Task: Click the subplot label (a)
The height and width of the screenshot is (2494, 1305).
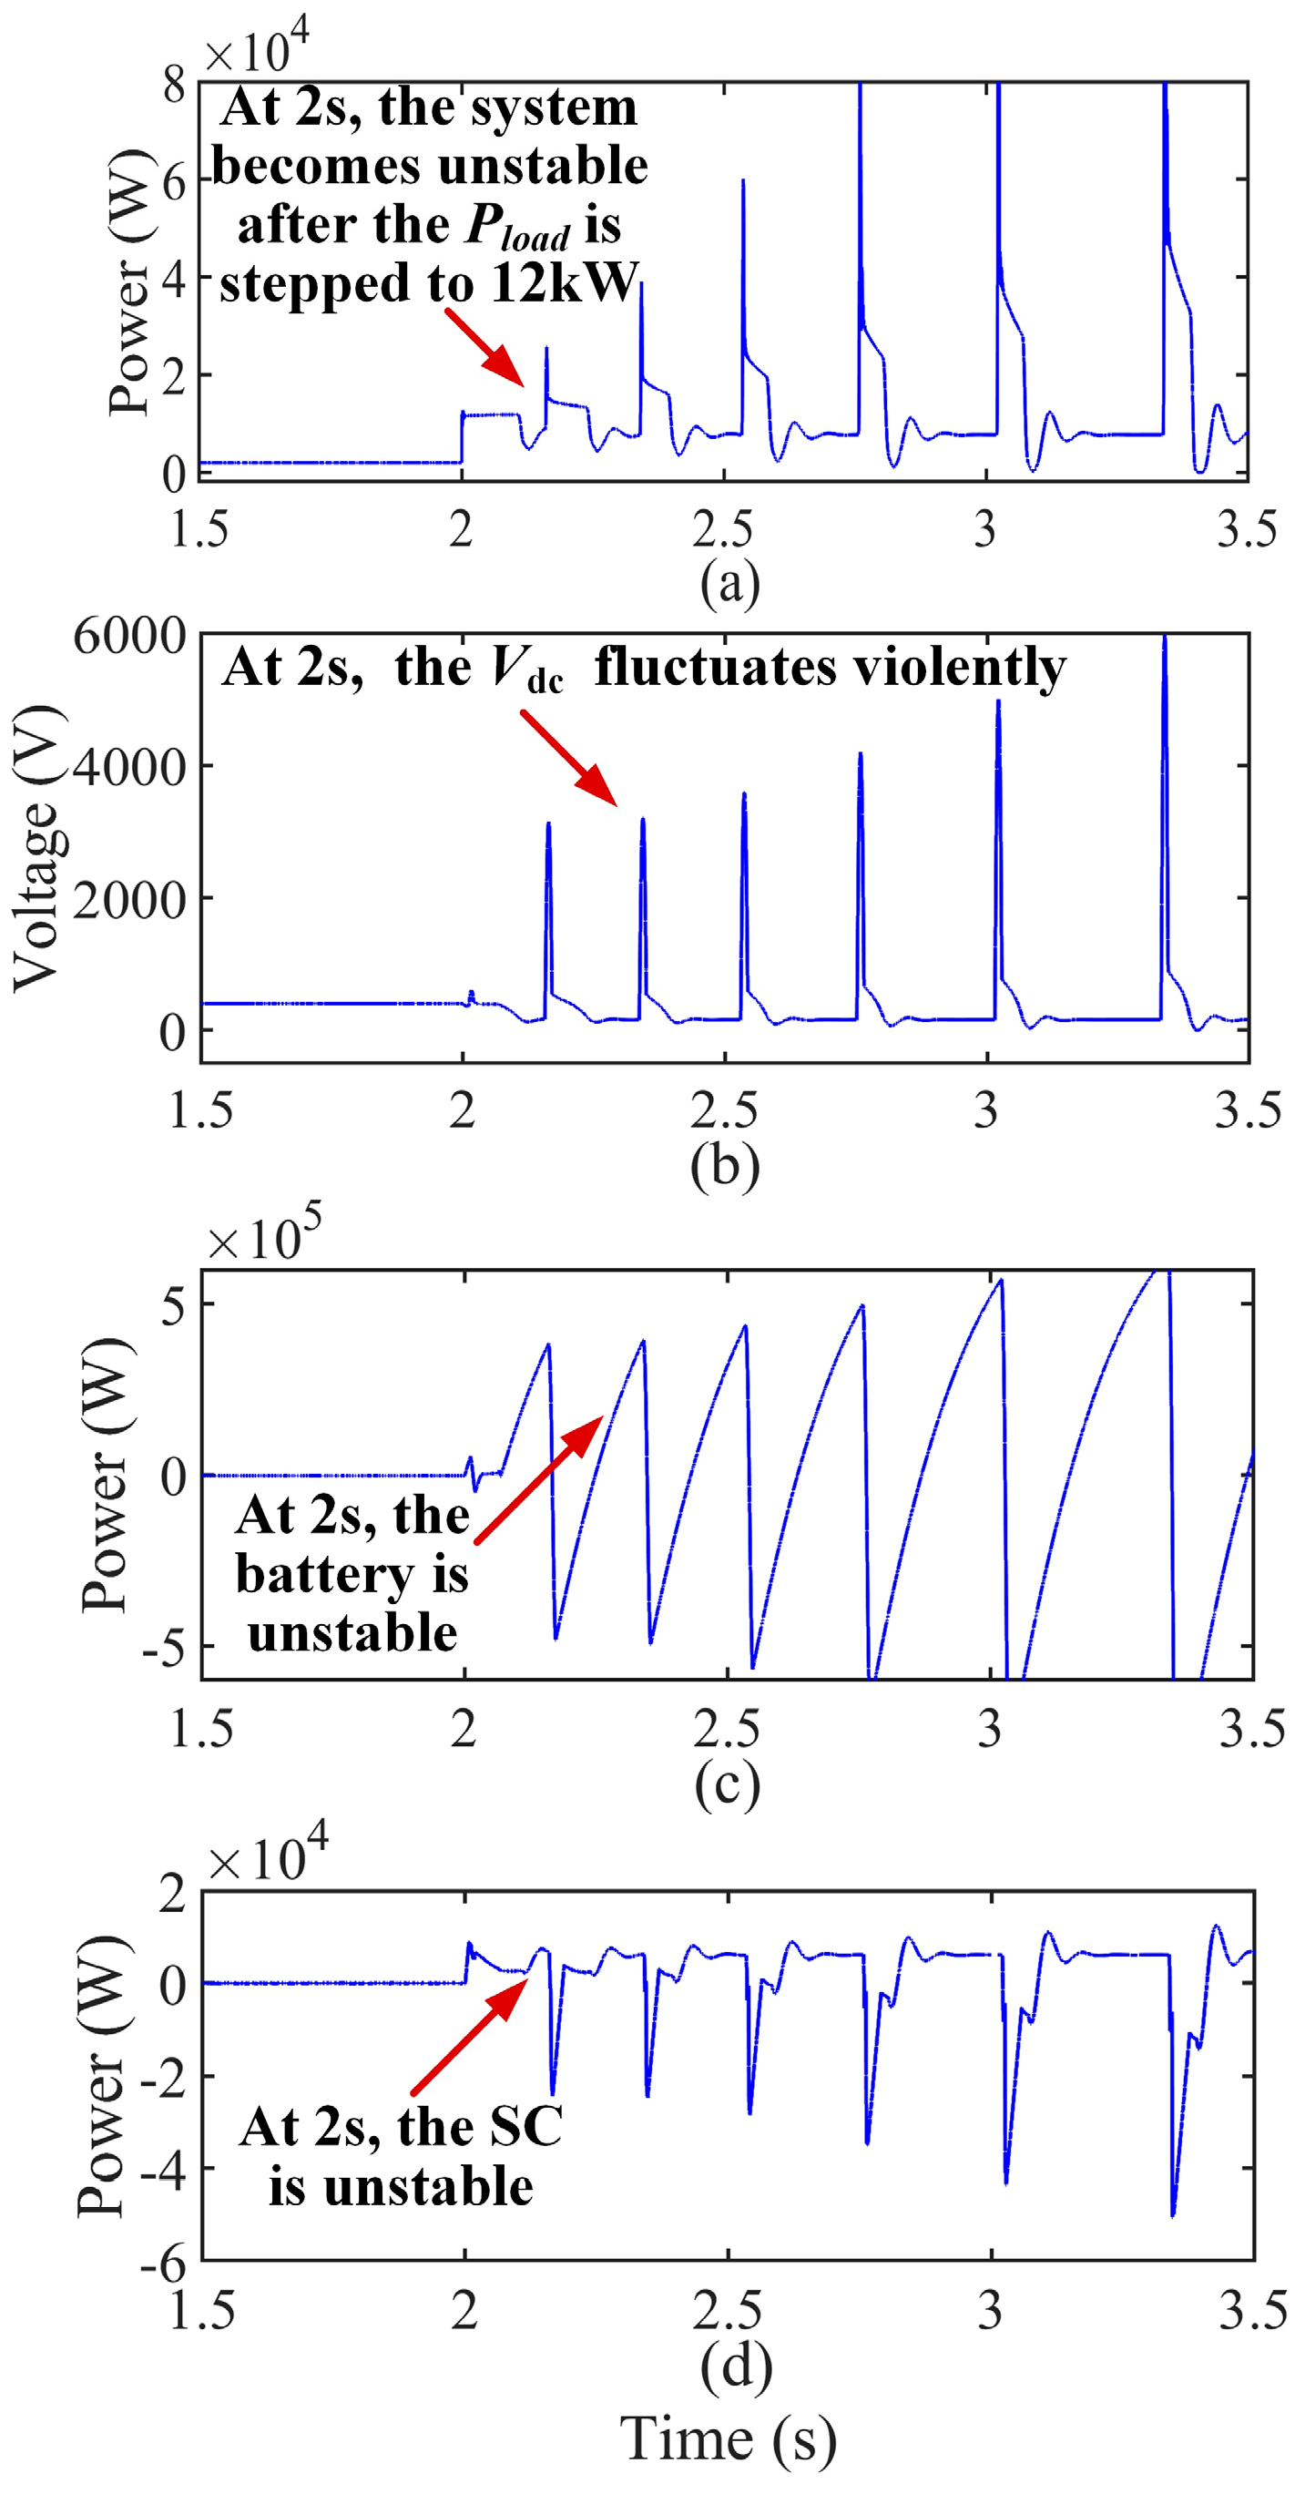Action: pyautogui.click(x=730, y=583)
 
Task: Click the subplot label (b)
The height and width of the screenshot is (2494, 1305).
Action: pyautogui.click(x=724, y=1166)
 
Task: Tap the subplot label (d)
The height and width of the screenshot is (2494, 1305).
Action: pyautogui.click(x=736, y=2366)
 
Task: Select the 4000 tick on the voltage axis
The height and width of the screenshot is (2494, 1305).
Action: pyautogui.click(x=128, y=767)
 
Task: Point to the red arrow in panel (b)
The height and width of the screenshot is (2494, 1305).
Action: pyautogui.click(x=569, y=758)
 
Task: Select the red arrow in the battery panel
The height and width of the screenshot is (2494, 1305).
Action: pyautogui.click(x=539, y=1478)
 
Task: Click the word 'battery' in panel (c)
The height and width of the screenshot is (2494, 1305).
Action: pyautogui.click(x=324, y=1574)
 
